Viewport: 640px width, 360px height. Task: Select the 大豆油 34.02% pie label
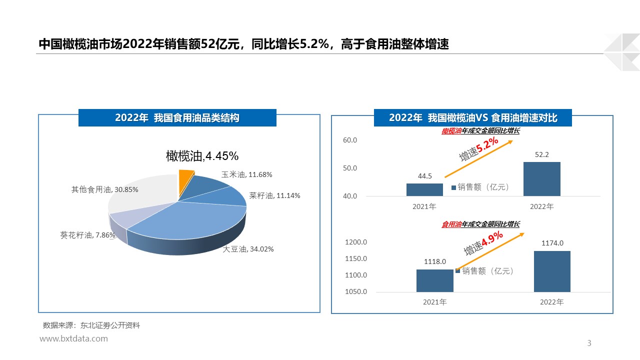tap(248, 249)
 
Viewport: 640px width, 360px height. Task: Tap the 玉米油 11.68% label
tap(246, 174)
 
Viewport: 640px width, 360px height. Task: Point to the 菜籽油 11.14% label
tap(274, 195)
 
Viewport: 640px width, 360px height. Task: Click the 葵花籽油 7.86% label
tap(87, 235)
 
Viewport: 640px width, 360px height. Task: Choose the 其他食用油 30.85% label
tap(104, 189)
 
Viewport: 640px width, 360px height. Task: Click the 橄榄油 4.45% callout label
tap(202, 156)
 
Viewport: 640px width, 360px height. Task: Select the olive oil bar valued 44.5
tap(424, 189)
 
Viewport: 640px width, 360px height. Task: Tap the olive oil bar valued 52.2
tap(541, 178)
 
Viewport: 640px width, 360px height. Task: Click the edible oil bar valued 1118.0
tap(434, 280)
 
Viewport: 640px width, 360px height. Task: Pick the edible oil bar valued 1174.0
tap(552, 271)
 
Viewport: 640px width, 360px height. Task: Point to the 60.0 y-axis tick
tap(350, 140)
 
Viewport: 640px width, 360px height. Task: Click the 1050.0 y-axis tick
tap(356, 291)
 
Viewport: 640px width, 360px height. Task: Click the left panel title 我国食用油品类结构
tap(177, 118)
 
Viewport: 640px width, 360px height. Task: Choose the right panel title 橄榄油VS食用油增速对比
tap(473, 118)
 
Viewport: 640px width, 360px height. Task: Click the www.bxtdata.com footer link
tap(73, 338)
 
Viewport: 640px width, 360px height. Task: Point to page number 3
tap(589, 343)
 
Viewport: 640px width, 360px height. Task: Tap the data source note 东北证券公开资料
tap(91, 325)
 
